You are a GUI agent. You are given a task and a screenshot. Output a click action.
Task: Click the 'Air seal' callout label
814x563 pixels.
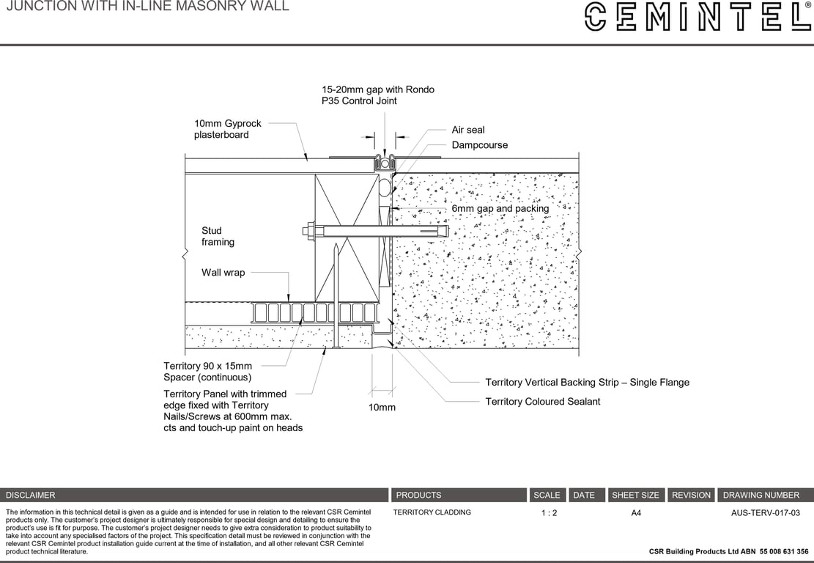tap(468, 130)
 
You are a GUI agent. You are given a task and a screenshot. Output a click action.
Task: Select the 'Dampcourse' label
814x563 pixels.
tap(479, 145)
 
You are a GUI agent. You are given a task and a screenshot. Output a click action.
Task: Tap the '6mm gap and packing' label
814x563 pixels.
tap(500, 209)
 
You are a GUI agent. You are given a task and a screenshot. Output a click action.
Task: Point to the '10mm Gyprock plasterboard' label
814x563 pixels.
tap(227, 129)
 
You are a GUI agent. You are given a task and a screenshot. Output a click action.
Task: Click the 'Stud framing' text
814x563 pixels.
tap(218, 236)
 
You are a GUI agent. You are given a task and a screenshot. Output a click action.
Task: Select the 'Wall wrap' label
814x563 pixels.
tap(223, 273)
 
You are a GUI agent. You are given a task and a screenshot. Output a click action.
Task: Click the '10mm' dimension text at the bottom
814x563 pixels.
tap(382, 407)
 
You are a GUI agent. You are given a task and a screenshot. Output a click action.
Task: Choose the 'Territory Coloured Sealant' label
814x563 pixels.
tap(542, 402)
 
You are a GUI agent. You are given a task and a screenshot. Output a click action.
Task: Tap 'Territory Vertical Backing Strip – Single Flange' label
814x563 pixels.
tap(587, 383)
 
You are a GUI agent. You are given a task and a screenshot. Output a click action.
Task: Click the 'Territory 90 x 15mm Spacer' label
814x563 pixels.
tap(207, 372)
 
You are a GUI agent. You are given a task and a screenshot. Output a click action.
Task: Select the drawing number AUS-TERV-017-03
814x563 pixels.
tap(765, 513)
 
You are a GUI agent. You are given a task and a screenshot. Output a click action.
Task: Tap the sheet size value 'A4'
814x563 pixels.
tap(636, 513)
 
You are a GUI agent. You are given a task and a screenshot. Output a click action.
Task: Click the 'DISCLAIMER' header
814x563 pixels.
tap(31, 496)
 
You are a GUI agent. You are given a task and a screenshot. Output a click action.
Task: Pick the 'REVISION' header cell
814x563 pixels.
tap(691, 496)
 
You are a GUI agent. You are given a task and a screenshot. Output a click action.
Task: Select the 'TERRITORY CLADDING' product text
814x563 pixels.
tap(432, 512)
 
